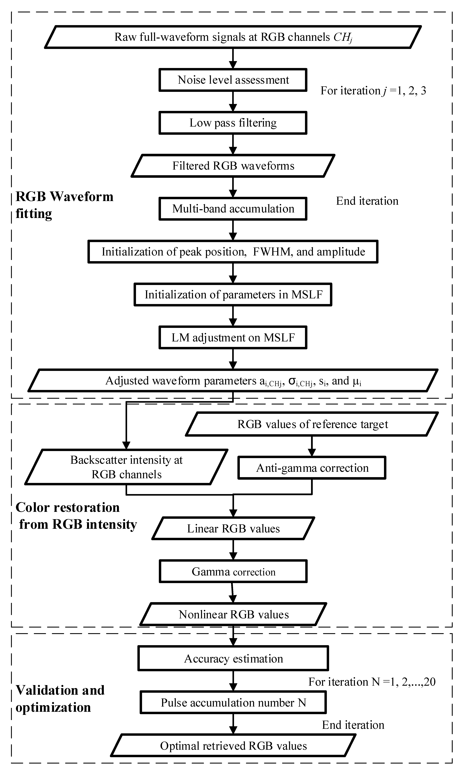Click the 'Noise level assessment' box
(233, 80)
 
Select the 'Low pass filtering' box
(233, 123)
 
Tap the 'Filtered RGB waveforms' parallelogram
(233, 166)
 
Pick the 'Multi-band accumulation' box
(233, 209)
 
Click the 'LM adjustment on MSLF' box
(233, 338)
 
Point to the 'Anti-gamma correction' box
(312, 468)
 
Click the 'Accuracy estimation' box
(233, 659)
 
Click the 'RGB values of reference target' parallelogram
(312, 424)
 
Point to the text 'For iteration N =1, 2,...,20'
(372, 682)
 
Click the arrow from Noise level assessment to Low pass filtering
(233, 101)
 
